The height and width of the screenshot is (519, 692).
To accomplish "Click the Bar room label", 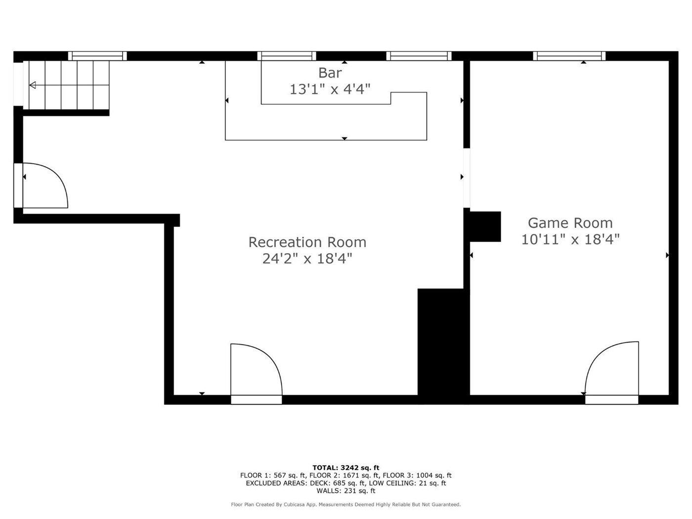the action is point(330,73).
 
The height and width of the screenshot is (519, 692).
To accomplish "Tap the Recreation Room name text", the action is point(307,242).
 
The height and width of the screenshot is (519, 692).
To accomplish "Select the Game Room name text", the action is point(570,223).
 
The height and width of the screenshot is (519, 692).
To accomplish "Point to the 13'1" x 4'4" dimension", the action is point(330,89).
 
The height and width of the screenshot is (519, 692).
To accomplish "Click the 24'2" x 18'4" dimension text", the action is point(307,259).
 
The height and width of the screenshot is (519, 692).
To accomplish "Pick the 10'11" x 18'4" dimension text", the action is point(570,240).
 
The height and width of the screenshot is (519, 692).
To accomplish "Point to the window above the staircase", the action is point(97,56).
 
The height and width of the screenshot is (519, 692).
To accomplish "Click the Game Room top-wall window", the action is point(569,56).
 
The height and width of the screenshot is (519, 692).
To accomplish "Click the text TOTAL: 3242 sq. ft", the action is point(346,468).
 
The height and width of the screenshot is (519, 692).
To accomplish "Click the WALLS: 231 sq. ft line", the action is point(346,491).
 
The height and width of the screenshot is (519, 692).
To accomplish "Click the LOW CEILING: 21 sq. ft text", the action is point(408,483).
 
